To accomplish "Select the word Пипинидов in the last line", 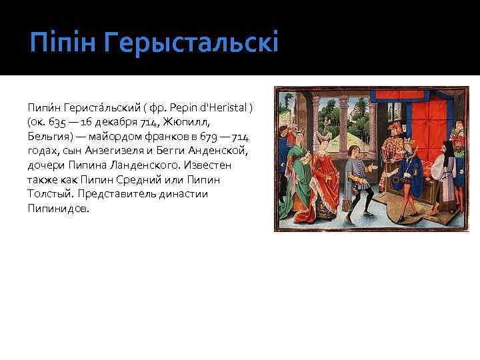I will click(58, 208).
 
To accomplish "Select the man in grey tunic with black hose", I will click(363, 177).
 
